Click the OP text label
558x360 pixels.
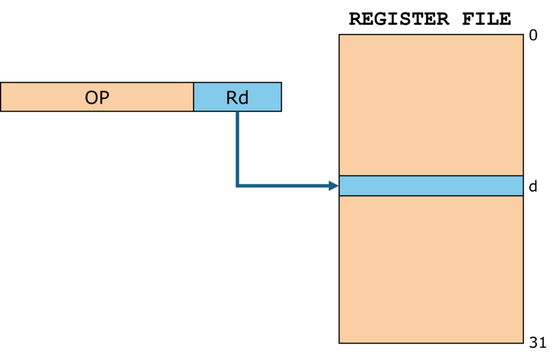click(x=96, y=98)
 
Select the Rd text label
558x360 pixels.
click(x=237, y=98)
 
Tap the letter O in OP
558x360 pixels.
click(x=91, y=98)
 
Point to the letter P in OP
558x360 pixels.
click(x=104, y=98)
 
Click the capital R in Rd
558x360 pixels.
click(x=232, y=98)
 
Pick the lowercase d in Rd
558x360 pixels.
click(x=243, y=98)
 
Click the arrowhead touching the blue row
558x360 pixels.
click(x=334, y=186)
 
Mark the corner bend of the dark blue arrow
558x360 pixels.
click(x=237, y=186)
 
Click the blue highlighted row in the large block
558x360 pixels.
click(x=431, y=186)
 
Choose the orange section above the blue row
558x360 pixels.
click(x=431, y=105)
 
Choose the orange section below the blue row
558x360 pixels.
click(x=431, y=269)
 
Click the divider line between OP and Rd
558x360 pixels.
click(x=194, y=97)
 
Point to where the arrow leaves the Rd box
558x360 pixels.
click(x=237, y=112)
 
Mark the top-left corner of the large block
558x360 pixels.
click(x=340, y=35)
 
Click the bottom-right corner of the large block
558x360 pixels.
click(x=523, y=342)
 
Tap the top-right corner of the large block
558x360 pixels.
click(x=523, y=35)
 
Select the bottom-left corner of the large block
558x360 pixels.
click(x=340, y=342)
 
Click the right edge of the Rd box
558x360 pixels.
click(x=281, y=97)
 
